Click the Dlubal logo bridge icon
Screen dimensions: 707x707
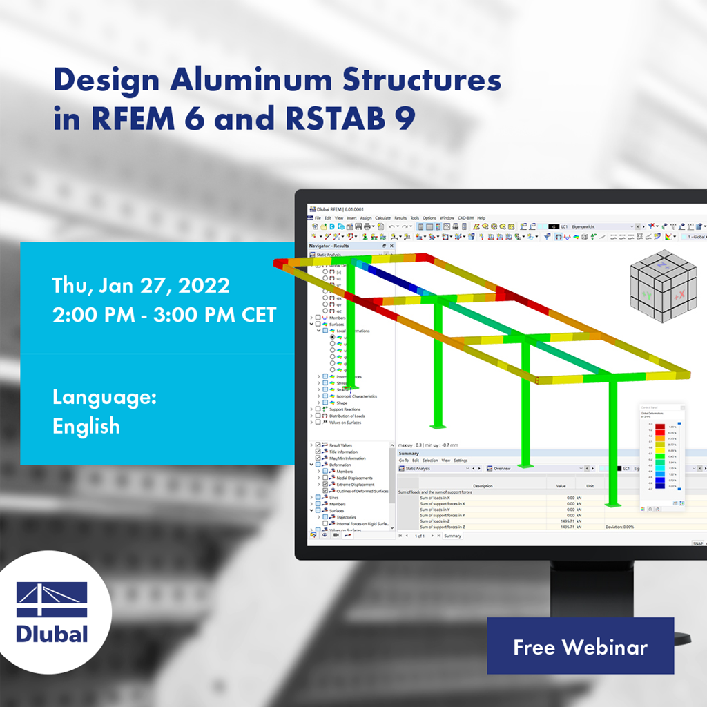[x=52, y=599]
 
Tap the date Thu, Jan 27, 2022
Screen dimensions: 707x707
[x=142, y=285]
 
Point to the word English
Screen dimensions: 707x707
[x=86, y=425]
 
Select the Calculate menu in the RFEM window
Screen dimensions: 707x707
[x=383, y=218]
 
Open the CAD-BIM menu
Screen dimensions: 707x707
[x=465, y=218]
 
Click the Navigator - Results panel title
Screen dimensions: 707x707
[x=329, y=246]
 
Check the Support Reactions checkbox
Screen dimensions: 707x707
[x=318, y=409]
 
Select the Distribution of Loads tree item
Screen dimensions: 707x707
[x=347, y=416]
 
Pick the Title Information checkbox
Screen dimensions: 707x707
[x=318, y=452]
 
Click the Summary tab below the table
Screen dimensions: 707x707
[x=453, y=536]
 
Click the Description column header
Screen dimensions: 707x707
[x=483, y=485]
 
